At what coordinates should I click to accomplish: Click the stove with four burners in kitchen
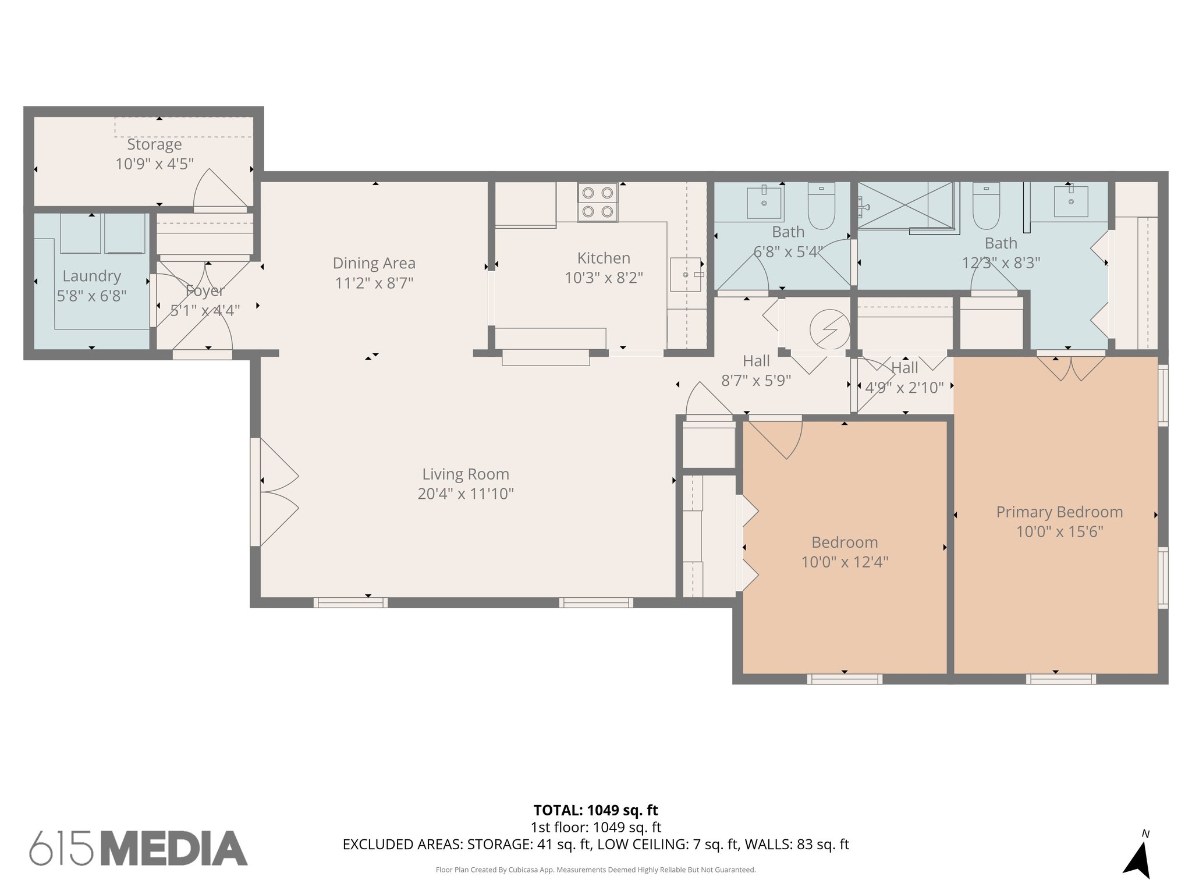[x=598, y=202]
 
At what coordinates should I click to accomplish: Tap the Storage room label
[x=154, y=144]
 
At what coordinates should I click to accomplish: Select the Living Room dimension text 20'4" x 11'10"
[x=466, y=494]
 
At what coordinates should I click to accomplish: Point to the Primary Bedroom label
[x=1059, y=512]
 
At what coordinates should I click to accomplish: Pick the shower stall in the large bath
[x=905, y=205]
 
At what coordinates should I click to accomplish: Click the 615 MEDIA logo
[x=139, y=848]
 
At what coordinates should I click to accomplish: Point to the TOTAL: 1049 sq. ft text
[x=595, y=810]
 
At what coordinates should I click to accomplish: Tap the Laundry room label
[x=91, y=276]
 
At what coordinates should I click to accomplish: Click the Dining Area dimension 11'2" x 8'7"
[x=374, y=283]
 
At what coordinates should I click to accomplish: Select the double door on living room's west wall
[x=275, y=492]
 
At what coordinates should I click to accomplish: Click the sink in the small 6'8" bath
[x=764, y=202]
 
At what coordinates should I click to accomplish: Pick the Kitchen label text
[x=604, y=258]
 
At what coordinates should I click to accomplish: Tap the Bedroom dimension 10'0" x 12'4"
[x=845, y=562]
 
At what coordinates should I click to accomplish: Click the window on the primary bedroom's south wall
[x=1060, y=679]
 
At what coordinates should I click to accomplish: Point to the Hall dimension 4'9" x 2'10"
[x=904, y=388]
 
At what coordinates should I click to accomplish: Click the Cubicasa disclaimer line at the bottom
[x=595, y=870]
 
